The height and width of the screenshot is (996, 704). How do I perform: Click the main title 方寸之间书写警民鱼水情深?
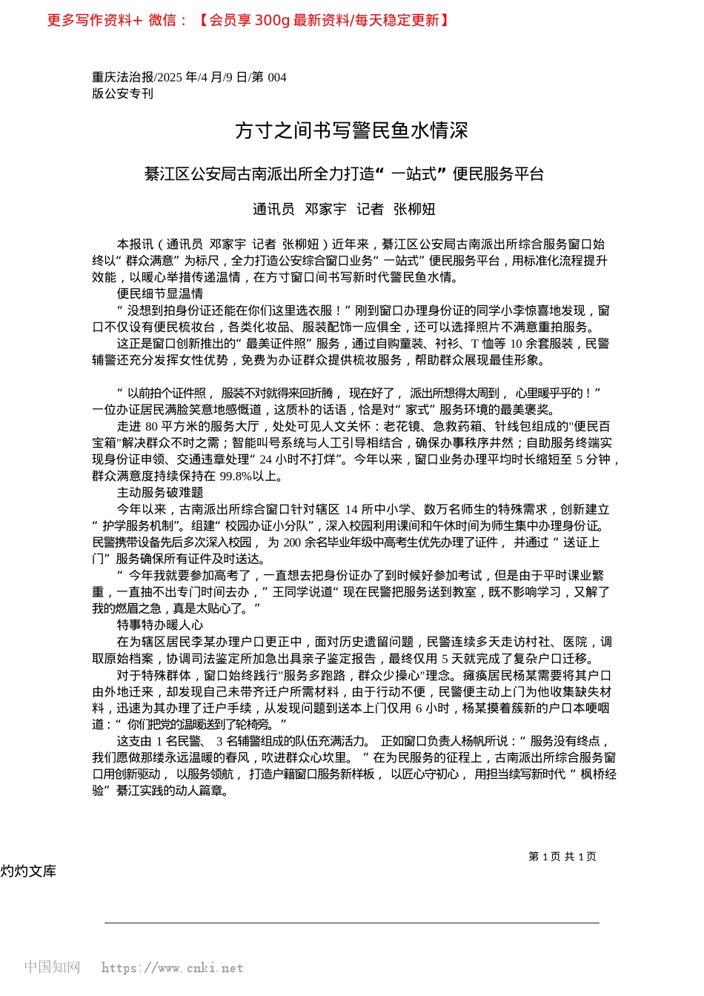tap(351, 131)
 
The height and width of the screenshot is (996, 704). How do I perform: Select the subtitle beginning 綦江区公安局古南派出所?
tap(344, 174)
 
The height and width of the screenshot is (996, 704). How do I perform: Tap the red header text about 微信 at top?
tap(248, 20)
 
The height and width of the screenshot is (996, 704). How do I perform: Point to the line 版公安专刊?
tap(123, 93)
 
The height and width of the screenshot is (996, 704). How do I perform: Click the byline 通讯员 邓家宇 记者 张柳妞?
tap(344, 210)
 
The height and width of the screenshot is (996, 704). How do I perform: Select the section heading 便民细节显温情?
tap(160, 293)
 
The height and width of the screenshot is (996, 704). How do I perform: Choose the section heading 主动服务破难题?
tap(160, 492)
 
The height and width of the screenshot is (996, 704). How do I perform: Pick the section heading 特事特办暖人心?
tap(160, 625)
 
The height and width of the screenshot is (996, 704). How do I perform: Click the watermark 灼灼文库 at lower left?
tap(28, 871)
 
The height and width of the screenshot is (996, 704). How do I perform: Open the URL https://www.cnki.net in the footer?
tap(172, 968)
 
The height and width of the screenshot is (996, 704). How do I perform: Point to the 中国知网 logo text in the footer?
tap(52, 967)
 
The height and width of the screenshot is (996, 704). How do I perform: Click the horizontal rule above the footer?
tap(351, 923)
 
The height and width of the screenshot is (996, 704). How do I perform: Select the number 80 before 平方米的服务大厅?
tap(152, 426)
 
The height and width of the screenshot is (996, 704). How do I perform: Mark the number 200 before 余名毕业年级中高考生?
tap(292, 542)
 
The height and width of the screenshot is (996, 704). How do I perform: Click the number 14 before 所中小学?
tap(351, 509)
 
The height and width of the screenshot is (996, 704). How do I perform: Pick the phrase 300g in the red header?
tap(272, 20)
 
